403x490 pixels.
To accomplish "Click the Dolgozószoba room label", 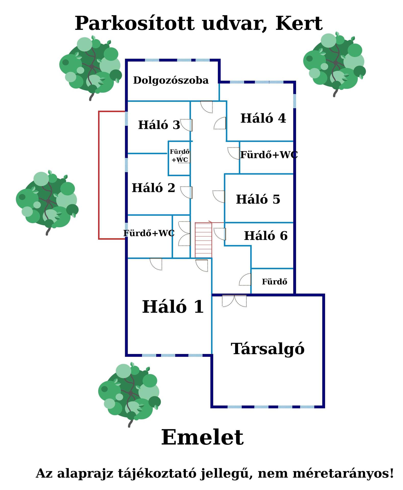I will (x=171, y=80).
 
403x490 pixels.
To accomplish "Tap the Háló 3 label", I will (x=159, y=125).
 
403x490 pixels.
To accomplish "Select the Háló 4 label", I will (x=263, y=118).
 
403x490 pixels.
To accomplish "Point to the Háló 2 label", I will (x=153, y=188).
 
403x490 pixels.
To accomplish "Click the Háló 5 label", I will (x=258, y=199).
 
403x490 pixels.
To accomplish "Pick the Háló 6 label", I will (x=266, y=236).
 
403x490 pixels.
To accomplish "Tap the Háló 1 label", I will (x=173, y=307).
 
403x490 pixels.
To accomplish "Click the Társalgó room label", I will (x=268, y=349).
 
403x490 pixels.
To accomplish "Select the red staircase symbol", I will (x=203, y=240).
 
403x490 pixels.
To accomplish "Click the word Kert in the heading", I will (x=299, y=23).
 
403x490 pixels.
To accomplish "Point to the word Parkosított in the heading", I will (x=134, y=23).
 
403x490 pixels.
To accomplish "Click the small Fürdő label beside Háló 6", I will (x=274, y=282).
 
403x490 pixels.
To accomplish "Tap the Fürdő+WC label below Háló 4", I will (x=269, y=155).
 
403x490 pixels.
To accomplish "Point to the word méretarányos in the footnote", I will (x=343, y=473).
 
